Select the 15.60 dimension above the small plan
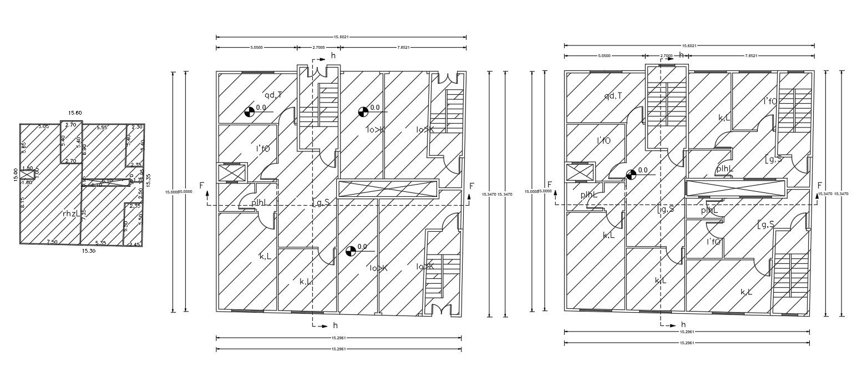pos(75,113)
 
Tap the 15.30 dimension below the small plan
pos(89,251)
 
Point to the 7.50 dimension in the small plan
pos(52,242)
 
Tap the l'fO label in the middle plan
pos(262,149)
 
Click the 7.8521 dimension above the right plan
pos(752,56)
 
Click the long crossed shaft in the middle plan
pos(387,188)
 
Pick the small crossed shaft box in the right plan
pos(579,172)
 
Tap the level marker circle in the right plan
pos(631,175)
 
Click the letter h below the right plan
pos(683,324)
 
